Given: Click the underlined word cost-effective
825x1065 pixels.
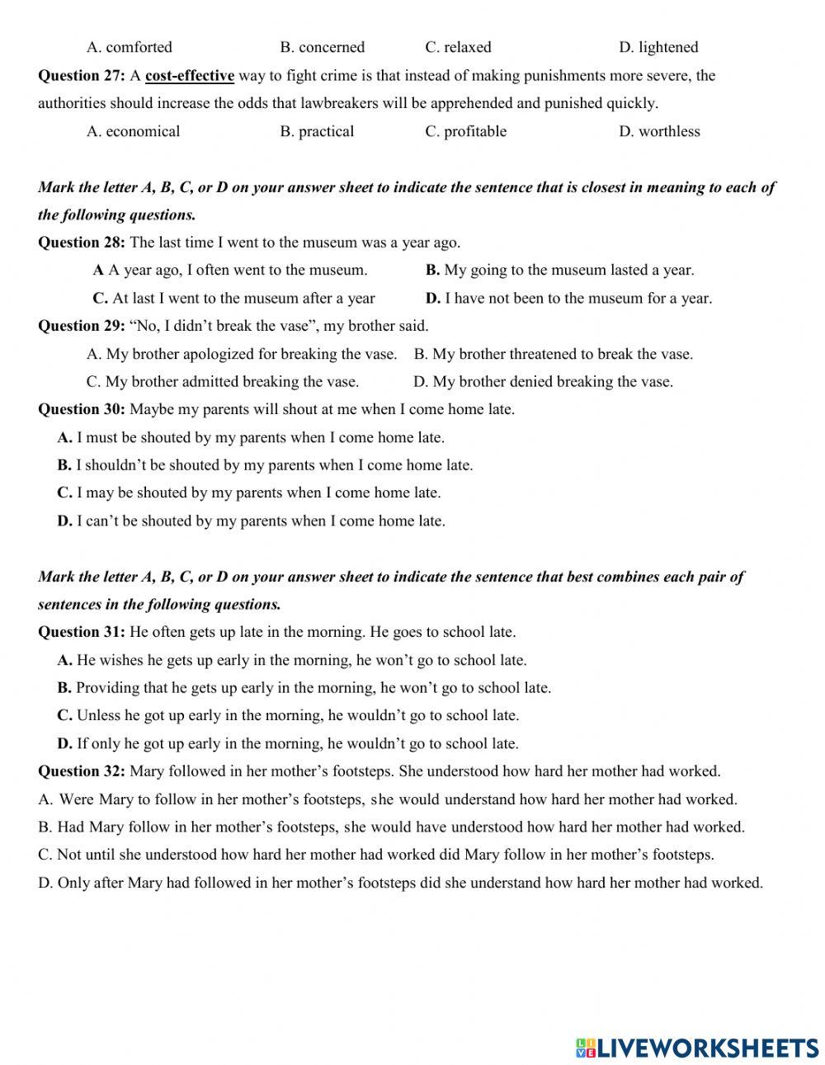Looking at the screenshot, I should tap(190, 76).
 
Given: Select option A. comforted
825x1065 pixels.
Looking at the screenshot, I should tap(130, 47).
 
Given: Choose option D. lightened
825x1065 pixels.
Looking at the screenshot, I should tap(658, 47).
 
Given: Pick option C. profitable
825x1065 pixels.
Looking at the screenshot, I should tap(466, 131).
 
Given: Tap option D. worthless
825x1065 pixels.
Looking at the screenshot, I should tap(659, 131).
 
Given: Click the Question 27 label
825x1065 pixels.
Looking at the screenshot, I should tap(81, 76).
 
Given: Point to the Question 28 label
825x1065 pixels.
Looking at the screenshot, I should tap(81, 243).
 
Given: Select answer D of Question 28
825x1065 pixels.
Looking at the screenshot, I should tap(568, 298).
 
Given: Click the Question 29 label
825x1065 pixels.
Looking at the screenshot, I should tap(81, 326).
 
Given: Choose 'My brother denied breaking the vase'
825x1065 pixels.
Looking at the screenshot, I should tap(543, 381).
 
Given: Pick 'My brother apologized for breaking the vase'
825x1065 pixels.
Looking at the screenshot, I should tap(242, 354).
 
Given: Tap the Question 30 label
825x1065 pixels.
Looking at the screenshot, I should tap(81, 409).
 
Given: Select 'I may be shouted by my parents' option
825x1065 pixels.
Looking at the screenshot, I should tap(249, 492).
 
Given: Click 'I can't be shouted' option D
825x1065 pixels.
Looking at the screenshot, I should tap(251, 521).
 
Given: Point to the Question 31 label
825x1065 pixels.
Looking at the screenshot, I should tap(81, 632).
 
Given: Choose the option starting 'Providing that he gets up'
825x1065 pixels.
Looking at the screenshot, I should tap(304, 687).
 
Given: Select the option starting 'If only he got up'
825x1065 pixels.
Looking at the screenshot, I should tap(288, 743).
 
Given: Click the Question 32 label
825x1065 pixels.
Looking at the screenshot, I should tap(81, 771).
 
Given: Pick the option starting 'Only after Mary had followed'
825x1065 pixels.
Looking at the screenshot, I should tap(400, 883).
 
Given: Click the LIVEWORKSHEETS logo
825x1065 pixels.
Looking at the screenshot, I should tap(697, 1048).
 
